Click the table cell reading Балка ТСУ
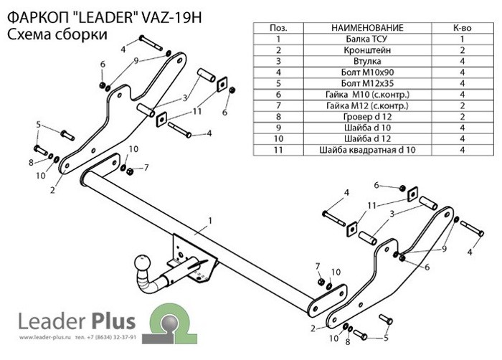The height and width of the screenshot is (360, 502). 367,39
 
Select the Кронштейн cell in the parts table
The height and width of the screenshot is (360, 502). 367,50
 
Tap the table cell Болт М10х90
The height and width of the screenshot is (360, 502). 367,72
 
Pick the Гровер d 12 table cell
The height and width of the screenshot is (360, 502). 367,117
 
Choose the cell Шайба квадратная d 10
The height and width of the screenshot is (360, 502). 367,150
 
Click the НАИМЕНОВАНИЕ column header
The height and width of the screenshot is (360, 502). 367,28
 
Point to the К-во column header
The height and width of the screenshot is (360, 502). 463,28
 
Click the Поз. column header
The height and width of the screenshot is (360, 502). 278,28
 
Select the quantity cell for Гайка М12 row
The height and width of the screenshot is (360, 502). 463,105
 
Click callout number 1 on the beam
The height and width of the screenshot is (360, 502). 210,221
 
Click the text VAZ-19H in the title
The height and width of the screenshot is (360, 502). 171,18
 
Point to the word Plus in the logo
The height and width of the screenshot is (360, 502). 113,321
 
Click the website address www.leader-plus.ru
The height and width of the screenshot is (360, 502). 44,337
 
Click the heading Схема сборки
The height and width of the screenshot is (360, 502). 57,34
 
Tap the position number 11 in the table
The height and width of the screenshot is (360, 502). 278,150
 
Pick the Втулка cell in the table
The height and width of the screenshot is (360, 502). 367,61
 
